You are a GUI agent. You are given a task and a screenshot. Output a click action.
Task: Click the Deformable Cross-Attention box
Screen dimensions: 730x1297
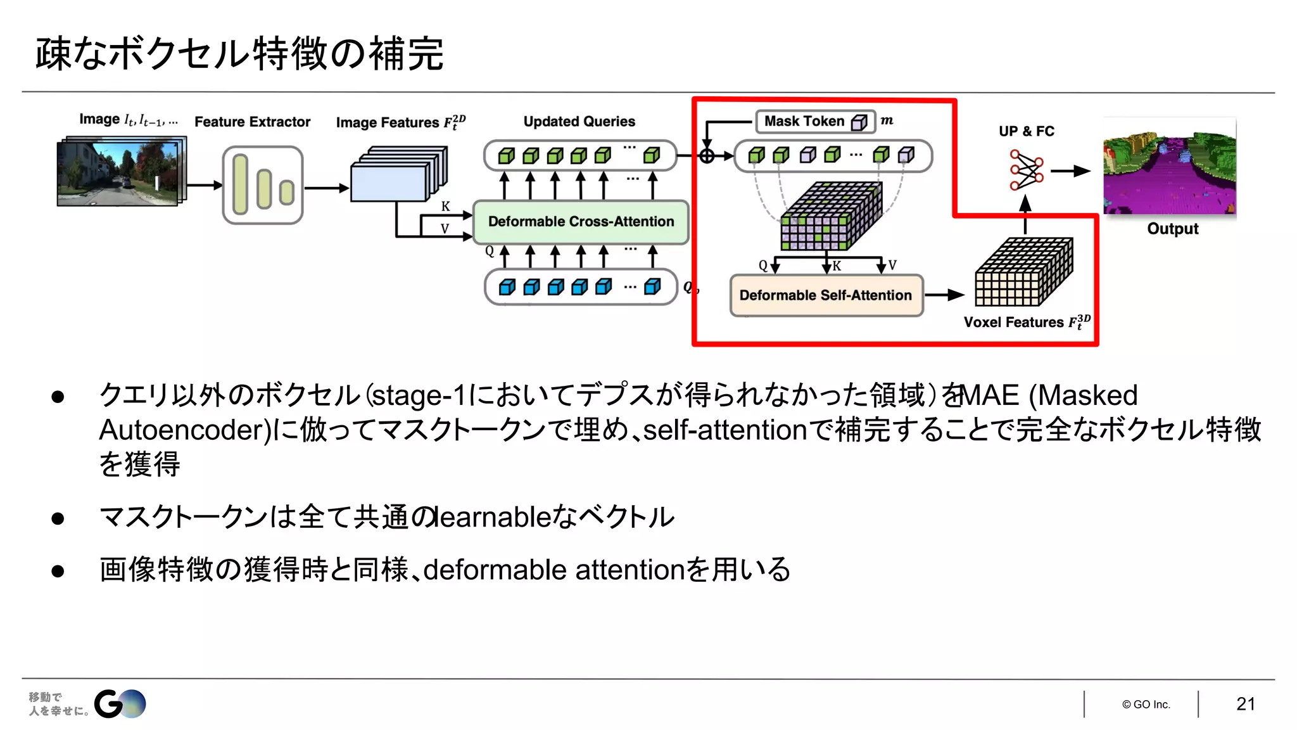click(x=581, y=222)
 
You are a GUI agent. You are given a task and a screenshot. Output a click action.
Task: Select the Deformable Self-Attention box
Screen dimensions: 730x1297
click(x=826, y=295)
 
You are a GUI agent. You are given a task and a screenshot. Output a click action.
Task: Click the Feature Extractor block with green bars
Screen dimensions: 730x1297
click(x=263, y=185)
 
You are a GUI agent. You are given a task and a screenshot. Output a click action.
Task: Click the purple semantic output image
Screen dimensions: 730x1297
click(x=1170, y=167)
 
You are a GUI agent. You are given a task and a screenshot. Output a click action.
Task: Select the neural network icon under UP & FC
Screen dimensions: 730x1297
click(x=1026, y=170)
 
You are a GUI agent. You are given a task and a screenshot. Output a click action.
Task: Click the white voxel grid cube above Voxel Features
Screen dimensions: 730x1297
click(x=1023, y=272)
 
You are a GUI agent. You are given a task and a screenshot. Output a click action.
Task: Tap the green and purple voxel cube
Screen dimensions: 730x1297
click(x=830, y=217)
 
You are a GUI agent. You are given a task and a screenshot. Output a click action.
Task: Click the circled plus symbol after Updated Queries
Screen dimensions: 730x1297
click(x=707, y=155)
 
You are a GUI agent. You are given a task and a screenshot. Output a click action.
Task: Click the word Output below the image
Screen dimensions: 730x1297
click(x=1172, y=229)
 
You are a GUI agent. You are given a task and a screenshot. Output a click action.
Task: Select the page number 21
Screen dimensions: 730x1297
click(x=1245, y=704)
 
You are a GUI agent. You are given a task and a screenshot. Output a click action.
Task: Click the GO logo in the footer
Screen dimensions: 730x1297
click(x=120, y=703)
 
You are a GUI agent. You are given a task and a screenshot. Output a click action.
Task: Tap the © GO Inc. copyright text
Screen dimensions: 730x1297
click(x=1146, y=705)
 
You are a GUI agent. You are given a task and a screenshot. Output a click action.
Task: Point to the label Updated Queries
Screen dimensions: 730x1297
click(x=579, y=122)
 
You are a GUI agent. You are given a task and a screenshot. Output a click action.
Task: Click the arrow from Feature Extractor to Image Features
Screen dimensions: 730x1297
click(x=326, y=188)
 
